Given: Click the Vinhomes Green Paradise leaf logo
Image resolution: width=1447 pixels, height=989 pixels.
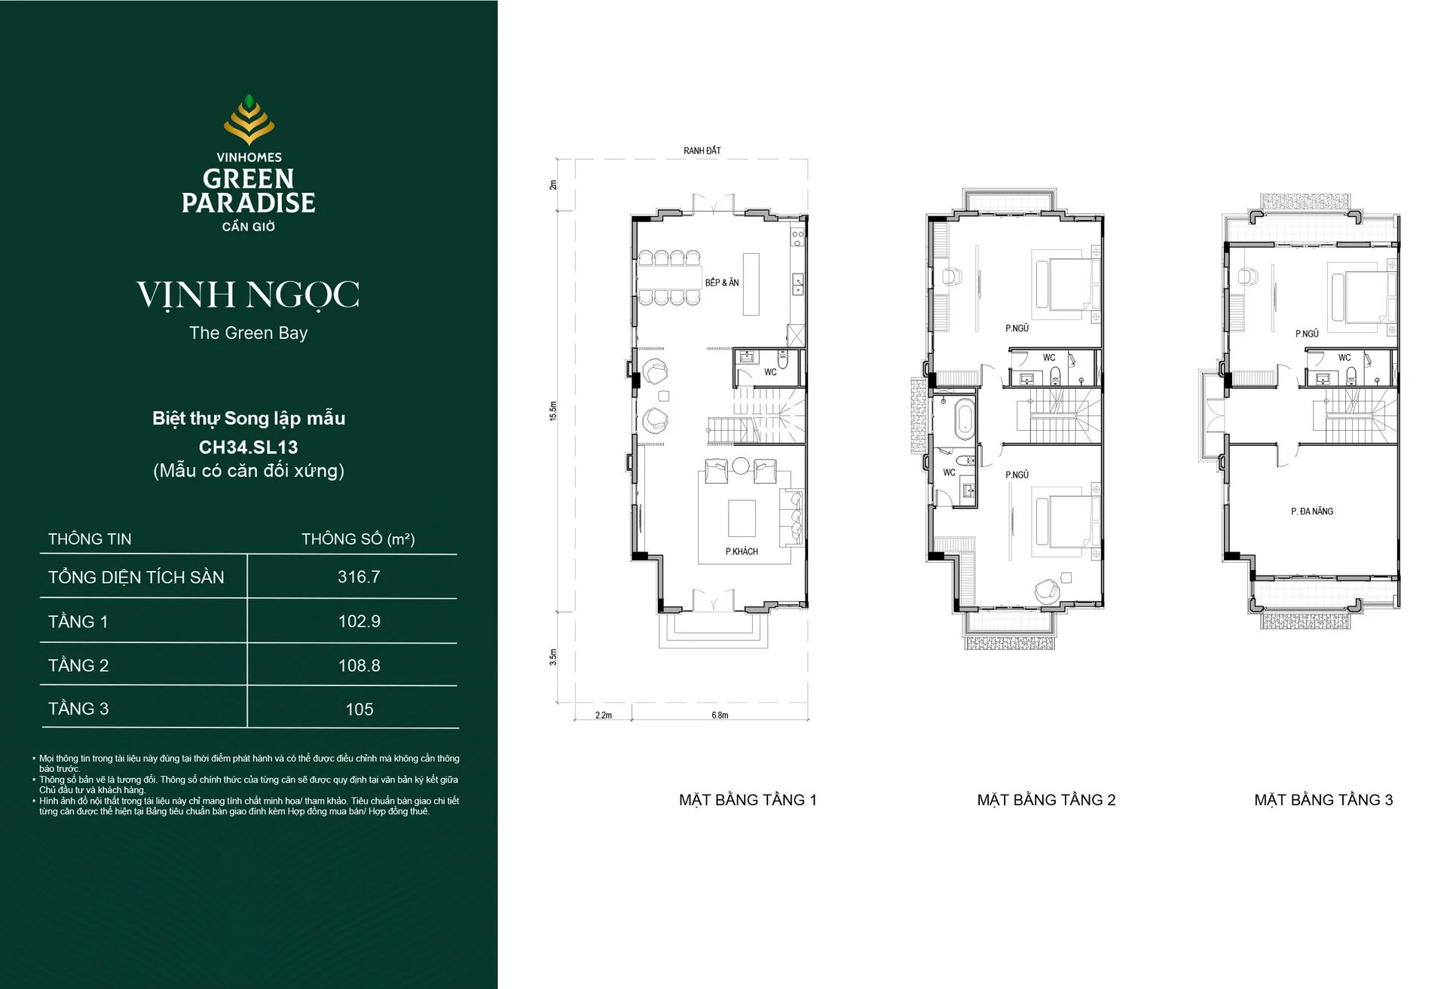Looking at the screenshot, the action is click(x=249, y=119).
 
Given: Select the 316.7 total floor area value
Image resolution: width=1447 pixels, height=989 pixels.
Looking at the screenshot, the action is click(x=359, y=577).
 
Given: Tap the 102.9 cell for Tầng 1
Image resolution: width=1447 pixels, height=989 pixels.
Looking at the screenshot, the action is click(x=359, y=621).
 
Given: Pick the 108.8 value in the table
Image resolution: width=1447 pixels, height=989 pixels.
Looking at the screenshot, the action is click(x=359, y=666).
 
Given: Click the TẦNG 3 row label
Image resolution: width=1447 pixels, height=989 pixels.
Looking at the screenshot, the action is click(x=78, y=709).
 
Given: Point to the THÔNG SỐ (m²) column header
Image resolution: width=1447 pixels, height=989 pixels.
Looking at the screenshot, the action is click(x=358, y=539).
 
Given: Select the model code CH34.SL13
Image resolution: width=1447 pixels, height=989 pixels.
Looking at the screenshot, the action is click(x=248, y=447).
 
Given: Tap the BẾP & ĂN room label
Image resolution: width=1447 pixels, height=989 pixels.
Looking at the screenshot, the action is click(x=722, y=282).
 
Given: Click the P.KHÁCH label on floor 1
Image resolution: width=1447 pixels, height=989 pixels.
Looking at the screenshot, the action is click(x=742, y=551).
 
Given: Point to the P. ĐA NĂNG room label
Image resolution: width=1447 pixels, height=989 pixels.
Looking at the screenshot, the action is click(x=1312, y=511).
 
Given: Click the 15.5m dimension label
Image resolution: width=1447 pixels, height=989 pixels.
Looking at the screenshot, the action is click(x=553, y=411).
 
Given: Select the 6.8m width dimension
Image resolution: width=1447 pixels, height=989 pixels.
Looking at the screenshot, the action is click(x=720, y=716).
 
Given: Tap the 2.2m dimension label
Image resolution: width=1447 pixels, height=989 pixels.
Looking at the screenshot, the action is click(x=604, y=716).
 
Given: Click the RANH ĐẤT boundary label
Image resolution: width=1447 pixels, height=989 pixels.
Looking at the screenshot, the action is click(x=702, y=151).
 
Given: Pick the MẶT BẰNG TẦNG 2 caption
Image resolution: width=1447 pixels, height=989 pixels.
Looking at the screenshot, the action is click(x=1046, y=800).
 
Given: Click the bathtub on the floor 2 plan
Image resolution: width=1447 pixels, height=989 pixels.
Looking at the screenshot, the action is click(x=964, y=420).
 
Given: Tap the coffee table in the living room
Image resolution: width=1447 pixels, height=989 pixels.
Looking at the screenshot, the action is click(x=742, y=518).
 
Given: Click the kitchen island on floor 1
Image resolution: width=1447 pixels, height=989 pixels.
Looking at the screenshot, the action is click(x=751, y=284).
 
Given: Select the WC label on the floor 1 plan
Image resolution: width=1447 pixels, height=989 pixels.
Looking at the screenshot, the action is click(x=770, y=372).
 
